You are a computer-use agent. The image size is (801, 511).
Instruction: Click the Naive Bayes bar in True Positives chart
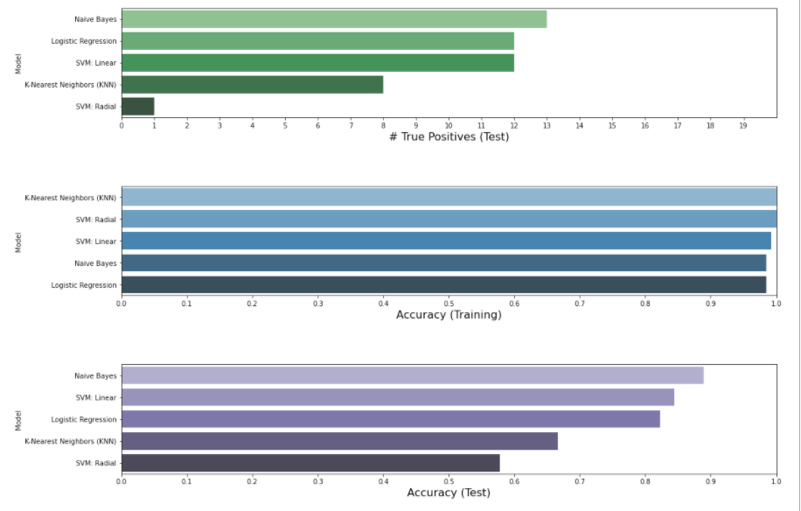(333, 19)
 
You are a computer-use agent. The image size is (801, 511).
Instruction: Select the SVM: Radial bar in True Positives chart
(137, 106)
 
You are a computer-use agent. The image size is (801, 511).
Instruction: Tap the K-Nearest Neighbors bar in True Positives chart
(252, 85)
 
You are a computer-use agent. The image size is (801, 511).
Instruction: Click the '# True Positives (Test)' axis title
(449, 137)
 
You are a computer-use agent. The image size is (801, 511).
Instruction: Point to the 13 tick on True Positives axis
(547, 126)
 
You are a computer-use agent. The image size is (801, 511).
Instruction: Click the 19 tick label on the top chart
(742, 126)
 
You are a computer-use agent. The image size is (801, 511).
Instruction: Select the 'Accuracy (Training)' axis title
(449, 315)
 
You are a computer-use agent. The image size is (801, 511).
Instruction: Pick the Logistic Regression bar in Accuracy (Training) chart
(443, 284)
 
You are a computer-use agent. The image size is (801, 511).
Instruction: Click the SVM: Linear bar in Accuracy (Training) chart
(446, 241)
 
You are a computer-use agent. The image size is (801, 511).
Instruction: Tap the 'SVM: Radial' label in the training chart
(95, 220)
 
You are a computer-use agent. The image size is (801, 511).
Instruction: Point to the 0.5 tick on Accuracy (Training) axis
(449, 304)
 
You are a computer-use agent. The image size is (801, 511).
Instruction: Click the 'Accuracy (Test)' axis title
(449, 493)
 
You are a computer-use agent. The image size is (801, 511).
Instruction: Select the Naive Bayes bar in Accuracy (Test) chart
(412, 375)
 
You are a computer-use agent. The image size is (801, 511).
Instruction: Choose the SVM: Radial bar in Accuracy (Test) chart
(310, 463)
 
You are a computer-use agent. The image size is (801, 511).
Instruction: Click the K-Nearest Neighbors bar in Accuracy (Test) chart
(339, 441)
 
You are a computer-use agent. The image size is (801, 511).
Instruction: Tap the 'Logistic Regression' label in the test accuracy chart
(84, 419)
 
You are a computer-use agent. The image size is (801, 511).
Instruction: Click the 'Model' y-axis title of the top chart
(18, 63)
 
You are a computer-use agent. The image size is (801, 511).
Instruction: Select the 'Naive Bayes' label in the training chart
(95, 263)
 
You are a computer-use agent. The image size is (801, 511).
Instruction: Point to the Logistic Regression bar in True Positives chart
(317, 41)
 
